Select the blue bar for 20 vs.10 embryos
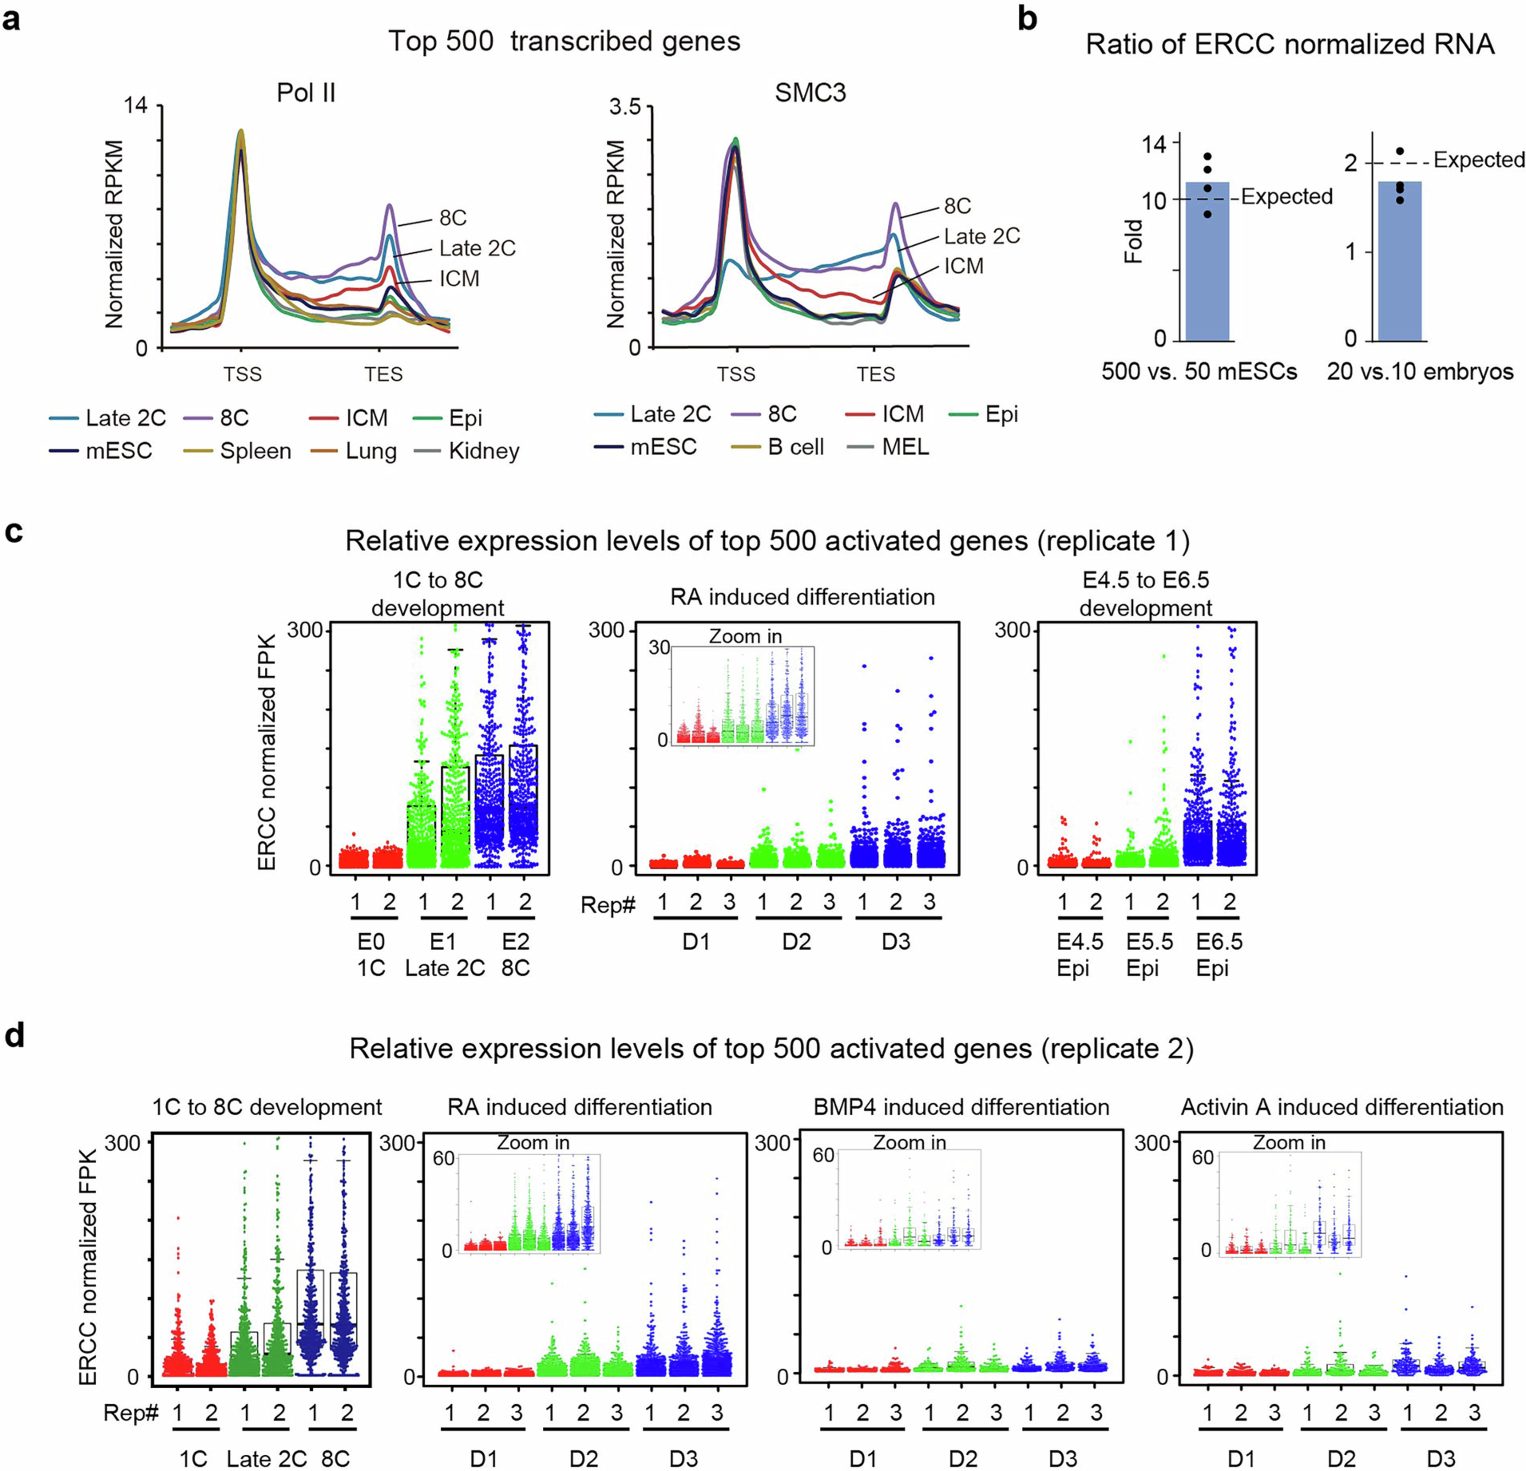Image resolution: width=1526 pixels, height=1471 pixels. click(x=1400, y=265)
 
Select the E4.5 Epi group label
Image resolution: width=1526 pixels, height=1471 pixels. click(x=1080, y=955)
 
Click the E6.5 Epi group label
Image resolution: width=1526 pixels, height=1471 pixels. click(x=1219, y=955)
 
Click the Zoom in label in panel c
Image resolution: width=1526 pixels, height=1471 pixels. click(x=745, y=637)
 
